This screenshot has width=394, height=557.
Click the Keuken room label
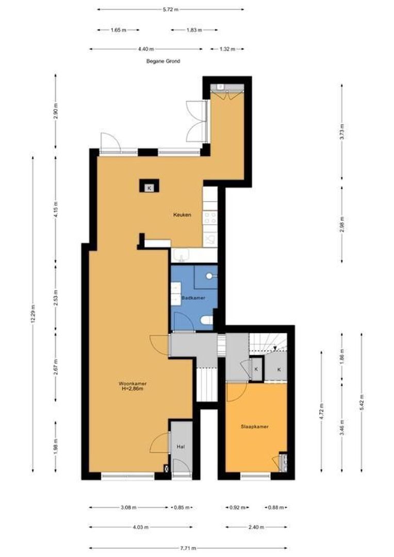point(182,215)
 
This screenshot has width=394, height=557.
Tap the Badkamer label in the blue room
point(193,298)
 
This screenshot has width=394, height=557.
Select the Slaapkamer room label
point(254,427)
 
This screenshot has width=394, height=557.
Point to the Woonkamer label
point(133,384)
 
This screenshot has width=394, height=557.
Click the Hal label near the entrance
point(181,447)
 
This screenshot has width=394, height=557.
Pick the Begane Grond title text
point(163,61)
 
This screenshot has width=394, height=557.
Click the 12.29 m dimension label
point(33,314)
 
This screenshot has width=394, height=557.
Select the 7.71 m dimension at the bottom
point(187,548)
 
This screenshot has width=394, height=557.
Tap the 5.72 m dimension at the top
point(170,10)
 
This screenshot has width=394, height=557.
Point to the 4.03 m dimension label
point(140,528)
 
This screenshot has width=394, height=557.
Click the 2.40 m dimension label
point(256,528)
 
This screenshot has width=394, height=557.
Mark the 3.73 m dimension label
point(342,132)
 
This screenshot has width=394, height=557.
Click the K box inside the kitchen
point(149,188)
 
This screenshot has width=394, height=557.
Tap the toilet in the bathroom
point(206,320)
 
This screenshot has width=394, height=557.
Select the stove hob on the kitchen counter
point(210,218)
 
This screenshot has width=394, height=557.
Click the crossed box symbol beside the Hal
point(166,468)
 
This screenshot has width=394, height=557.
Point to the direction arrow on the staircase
point(275,348)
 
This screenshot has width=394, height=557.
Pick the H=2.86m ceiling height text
point(133,389)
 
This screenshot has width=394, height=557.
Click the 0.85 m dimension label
point(181,507)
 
